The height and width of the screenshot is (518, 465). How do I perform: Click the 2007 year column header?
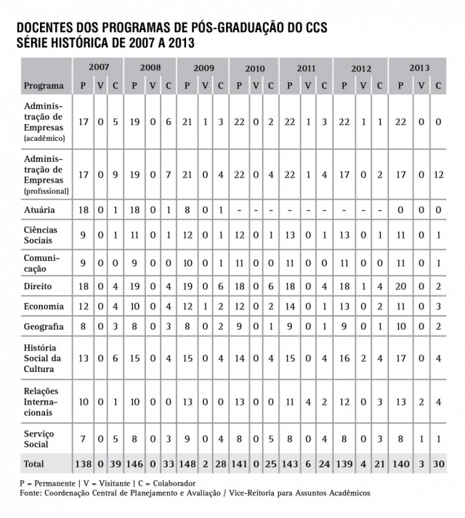[99, 67]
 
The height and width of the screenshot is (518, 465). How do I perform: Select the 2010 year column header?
[254, 68]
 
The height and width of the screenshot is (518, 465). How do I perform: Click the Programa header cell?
[44, 86]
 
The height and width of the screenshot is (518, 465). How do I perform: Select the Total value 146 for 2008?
[135, 463]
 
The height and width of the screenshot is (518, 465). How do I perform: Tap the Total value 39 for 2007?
[116, 463]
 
